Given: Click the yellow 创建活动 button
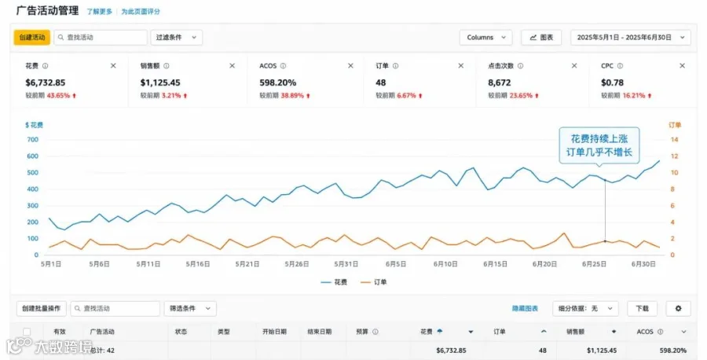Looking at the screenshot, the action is point(32,38).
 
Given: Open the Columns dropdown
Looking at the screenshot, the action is point(485,38).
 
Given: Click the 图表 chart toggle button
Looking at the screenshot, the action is point(541,38).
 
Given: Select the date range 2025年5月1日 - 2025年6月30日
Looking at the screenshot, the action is point(630,38).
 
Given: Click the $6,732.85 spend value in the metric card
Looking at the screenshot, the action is point(45,83).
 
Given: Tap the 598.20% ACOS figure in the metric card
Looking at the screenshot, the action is point(278,83).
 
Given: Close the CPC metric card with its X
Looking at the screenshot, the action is point(682,66).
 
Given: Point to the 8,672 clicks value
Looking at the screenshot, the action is point(499,83).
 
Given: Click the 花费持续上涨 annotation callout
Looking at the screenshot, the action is point(599,145).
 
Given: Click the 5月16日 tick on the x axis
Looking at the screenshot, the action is point(197,264).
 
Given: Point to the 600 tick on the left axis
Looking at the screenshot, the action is point(32,156).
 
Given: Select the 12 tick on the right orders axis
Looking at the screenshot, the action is point(674,156).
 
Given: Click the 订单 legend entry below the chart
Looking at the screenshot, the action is point(374,282).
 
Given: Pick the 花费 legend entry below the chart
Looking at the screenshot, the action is point(334,282).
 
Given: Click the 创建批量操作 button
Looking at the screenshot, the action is point(42,309).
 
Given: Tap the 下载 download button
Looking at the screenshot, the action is point(642,309).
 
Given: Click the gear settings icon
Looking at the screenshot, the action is point(678,309).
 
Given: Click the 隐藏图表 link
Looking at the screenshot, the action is point(525,309).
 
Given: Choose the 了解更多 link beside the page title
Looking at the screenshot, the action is point(99,11).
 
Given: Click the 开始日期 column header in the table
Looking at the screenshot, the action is point(274,332).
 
